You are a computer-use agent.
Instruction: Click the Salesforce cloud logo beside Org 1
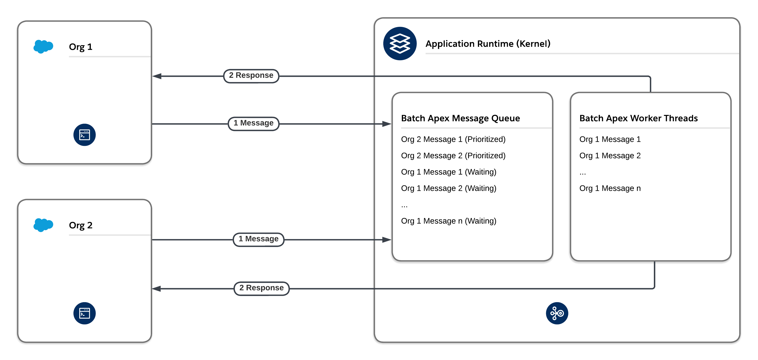[43, 46]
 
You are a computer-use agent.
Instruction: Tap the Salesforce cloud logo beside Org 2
[43, 225]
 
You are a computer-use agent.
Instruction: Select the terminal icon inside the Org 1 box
[84, 135]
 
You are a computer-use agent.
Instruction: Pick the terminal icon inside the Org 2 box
[84, 313]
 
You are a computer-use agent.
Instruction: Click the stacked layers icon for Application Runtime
[400, 44]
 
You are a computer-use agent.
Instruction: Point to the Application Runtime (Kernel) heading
[488, 44]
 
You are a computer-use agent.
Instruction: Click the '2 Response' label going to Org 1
[251, 76]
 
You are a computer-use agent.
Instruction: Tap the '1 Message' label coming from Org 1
[253, 123]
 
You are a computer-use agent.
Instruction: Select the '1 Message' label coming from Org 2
[258, 239]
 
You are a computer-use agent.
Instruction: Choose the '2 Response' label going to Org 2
[261, 288]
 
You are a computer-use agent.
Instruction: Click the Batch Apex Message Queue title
[460, 118]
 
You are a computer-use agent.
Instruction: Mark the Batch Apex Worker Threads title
[638, 118]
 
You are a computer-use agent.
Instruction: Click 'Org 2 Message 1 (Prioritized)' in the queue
[453, 139]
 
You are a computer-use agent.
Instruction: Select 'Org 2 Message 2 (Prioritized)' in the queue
[453, 156]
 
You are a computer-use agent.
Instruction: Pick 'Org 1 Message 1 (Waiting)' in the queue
[448, 172]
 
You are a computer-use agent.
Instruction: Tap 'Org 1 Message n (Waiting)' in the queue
[448, 221]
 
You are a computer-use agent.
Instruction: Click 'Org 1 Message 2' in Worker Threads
[610, 156]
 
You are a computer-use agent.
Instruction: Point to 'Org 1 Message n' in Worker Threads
[610, 188]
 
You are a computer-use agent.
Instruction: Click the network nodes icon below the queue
[557, 313]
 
